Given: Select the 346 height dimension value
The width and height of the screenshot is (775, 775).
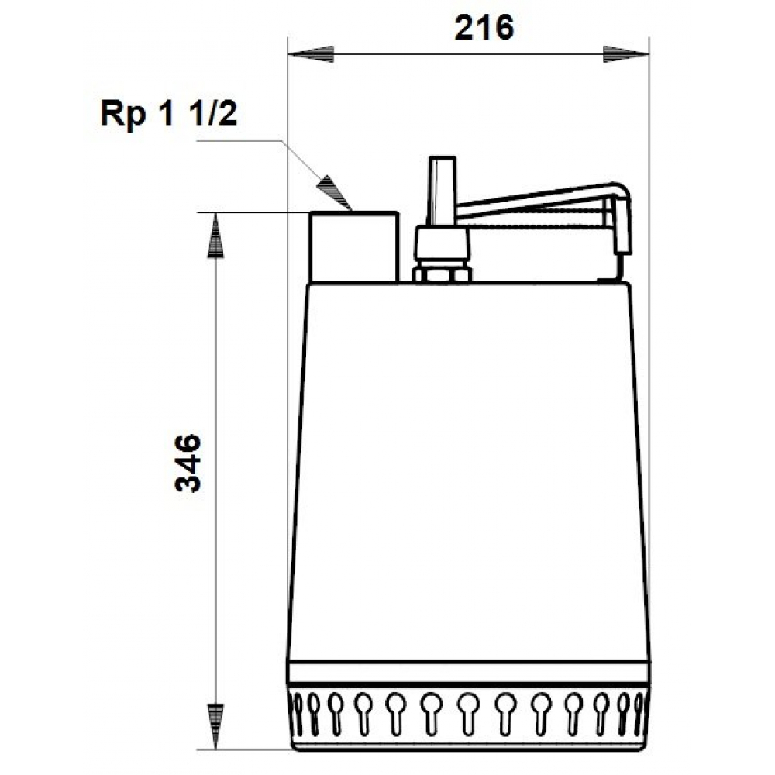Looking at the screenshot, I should pyautogui.click(x=188, y=463).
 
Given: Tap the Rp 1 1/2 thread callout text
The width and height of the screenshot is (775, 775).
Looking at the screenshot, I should pyautogui.click(x=167, y=114).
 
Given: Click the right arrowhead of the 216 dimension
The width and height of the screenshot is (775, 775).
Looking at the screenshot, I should pyautogui.click(x=623, y=53).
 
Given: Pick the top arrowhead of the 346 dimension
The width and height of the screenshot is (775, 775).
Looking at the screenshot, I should pyautogui.click(x=217, y=236).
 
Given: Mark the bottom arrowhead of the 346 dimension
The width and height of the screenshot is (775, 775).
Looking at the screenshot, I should pyautogui.click(x=217, y=725).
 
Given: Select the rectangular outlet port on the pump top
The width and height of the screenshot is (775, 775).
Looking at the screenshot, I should pyautogui.click(x=354, y=246).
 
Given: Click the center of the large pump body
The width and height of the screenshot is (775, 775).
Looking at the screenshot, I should pyautogui.click(x=469, y=473).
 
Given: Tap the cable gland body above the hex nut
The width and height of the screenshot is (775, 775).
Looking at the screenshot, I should pyautogui.click(x=442, y=244).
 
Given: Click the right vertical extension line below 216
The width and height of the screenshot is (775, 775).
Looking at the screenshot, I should pyautogui.click(x=647, y=155).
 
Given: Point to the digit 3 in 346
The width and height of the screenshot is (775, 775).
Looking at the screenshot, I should pyautogui.click(x=188, y=484).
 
